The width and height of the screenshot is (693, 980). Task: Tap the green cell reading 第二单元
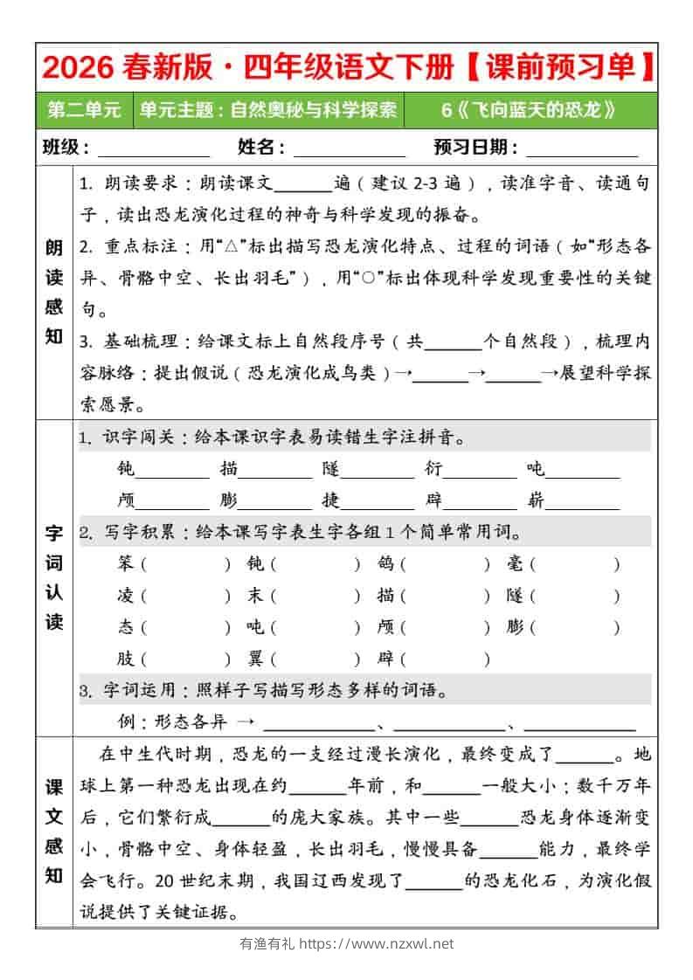[x=85, y=110]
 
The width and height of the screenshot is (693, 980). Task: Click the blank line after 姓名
[x=349, y=148]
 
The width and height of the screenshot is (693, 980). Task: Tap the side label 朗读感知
[x=54, y=292]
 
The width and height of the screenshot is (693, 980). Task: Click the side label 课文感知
[x=54, y=831]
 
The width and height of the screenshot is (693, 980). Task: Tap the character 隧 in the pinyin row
[x=330, y=469]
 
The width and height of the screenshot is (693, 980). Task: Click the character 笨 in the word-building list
[x=126, y=564]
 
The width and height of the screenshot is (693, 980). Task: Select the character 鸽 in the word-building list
[x=386, y=564]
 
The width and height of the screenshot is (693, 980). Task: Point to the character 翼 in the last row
[x=256, y=659]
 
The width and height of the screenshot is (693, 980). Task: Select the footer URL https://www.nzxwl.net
[x=377, y=943]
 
